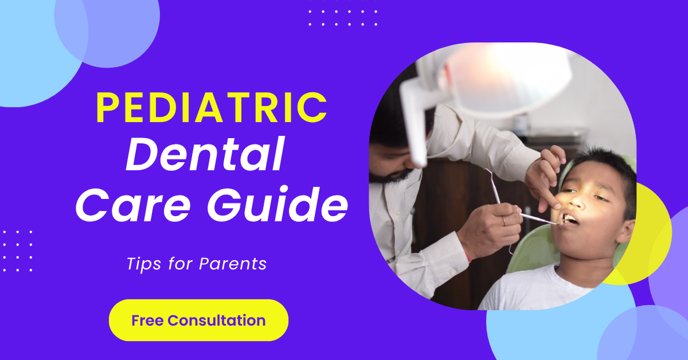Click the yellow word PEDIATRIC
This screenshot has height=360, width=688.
(x=212, y=108)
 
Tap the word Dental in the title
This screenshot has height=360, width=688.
(x=205, y=154)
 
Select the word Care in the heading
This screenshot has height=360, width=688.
(x=133, y=204)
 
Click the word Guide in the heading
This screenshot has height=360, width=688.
(x=278, y=203)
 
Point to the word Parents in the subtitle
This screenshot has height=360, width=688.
(x=233, y=264)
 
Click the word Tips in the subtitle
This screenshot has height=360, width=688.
(x=144, y=264)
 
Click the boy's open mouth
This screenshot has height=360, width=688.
(x=569, y=219)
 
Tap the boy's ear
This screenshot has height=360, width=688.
(x=626, y=231)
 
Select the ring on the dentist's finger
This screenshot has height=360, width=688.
(x=504, y=221)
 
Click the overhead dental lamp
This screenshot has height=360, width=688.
(x=504, y=80)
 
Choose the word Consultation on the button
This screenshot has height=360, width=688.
(x=217, y=320)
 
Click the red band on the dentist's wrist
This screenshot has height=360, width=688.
(x=468, y=256)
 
